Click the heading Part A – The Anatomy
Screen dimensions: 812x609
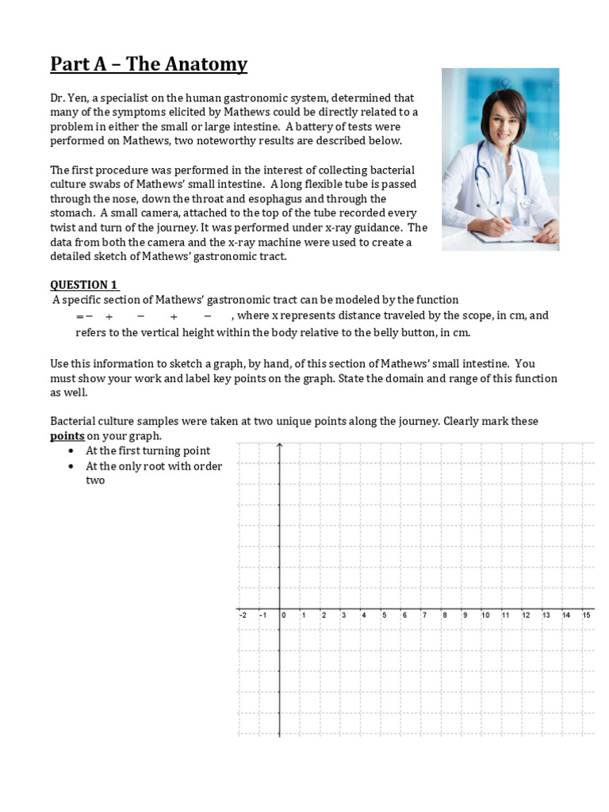click(x=149, y=64)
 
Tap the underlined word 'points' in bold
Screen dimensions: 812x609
click(x=67, y=436)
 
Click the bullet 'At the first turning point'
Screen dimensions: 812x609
click(x=147, y=451)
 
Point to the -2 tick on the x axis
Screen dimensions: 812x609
click(x=242, y=615)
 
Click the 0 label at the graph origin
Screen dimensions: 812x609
click(x=283, y=615)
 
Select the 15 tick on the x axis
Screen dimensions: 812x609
click(x=586, y=615)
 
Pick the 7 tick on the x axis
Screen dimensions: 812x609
click(x=424, y=615)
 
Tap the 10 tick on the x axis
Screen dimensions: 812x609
click(x=485, y=615)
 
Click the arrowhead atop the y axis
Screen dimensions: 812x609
click(x=279, y=446)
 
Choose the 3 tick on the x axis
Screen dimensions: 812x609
click(x=343, y=615)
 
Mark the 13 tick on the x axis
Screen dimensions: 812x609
click(x=546, y=615)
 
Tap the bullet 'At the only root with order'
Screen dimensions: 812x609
click(x=154, y=466)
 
